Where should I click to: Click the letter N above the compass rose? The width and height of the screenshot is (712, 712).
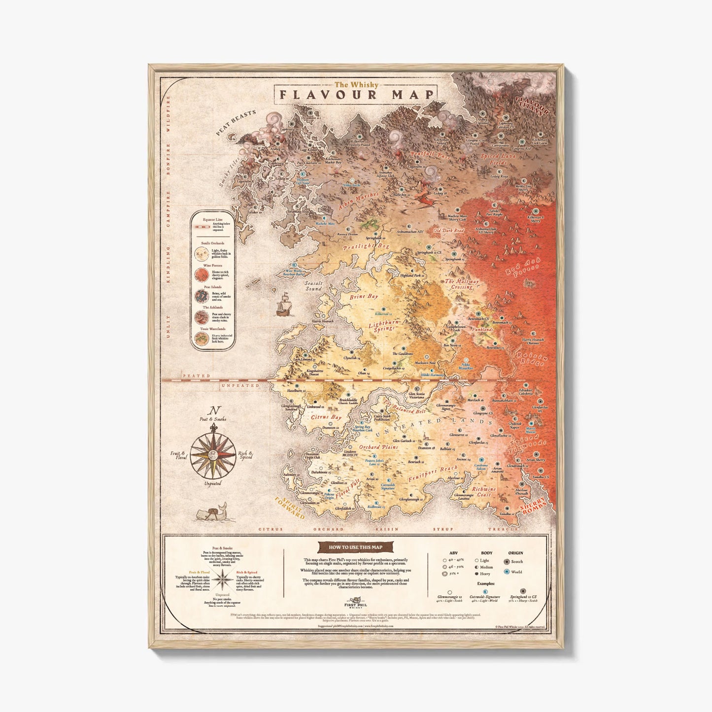point(213,410)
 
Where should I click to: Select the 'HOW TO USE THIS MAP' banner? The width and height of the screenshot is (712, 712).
point(356,547)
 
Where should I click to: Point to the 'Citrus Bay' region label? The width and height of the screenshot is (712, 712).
point(326,417)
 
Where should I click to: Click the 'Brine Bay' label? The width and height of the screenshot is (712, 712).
point(364,297)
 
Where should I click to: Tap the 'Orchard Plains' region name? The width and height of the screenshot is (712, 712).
point(378,447)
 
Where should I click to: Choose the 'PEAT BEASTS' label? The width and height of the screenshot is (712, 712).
point(236,122)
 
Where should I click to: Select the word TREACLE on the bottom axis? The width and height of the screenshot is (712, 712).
point(503,529)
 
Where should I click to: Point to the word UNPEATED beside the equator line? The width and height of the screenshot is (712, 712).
point(240,385)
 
